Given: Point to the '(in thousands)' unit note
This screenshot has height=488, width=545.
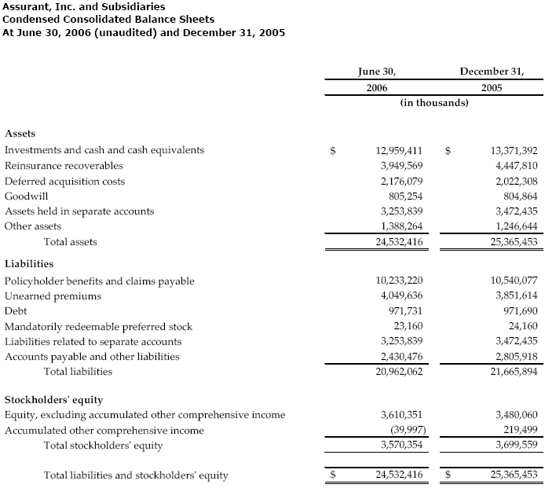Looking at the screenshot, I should [x=434, y=103].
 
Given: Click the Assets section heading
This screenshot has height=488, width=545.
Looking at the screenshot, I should [x=20, y=134].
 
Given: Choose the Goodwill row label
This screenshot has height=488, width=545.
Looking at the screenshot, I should [x=25, y=196].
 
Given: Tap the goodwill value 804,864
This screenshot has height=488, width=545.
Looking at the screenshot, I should [x=518, y=196].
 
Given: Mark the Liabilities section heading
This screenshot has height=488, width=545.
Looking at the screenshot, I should [x=28, y=265].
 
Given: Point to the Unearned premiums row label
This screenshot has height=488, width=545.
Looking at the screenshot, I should [x=53, y=295].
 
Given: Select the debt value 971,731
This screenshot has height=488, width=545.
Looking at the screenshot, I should [x=405, y=311].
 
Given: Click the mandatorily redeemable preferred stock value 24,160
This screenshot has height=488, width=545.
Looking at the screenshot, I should [x=521, y=326].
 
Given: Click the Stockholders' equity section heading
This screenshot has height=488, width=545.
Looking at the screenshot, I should [x=53, y=399].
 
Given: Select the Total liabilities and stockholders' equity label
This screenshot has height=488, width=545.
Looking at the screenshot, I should [x=136, y=475].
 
